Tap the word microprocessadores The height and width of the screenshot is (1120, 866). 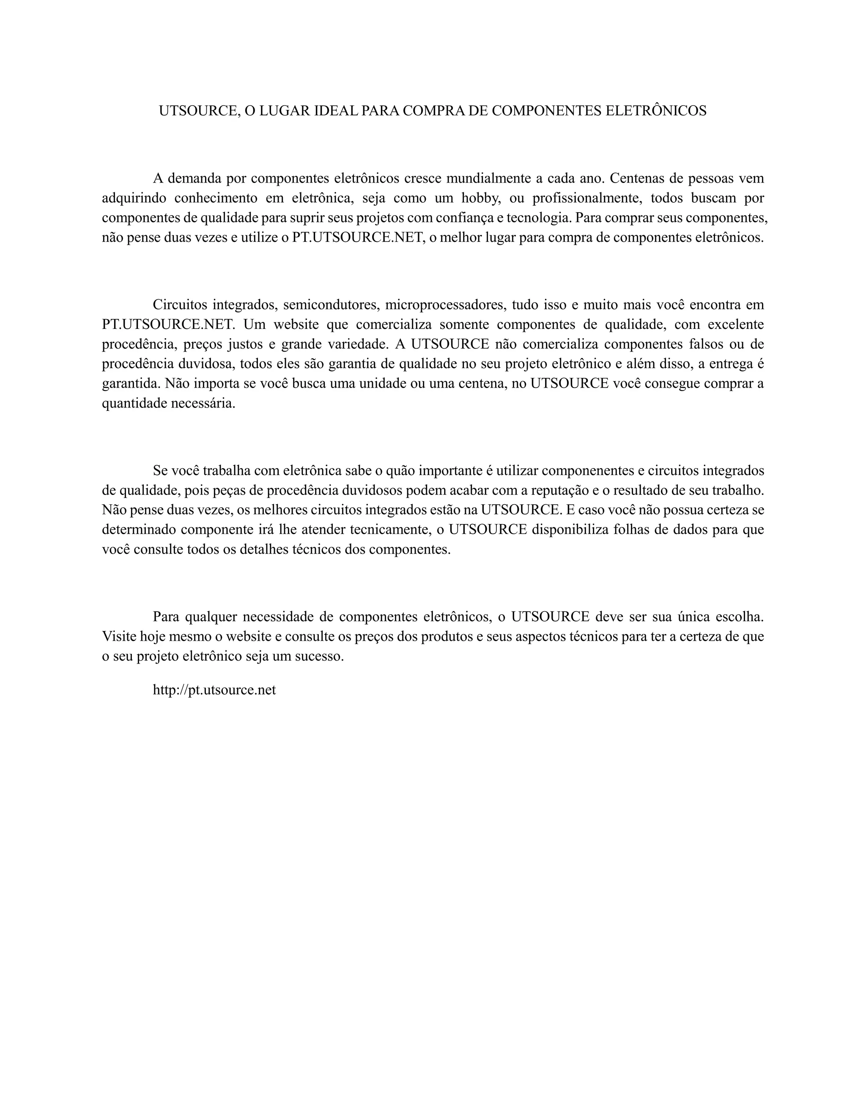tap(444, 305)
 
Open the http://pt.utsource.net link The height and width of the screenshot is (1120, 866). tap(214, 690)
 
